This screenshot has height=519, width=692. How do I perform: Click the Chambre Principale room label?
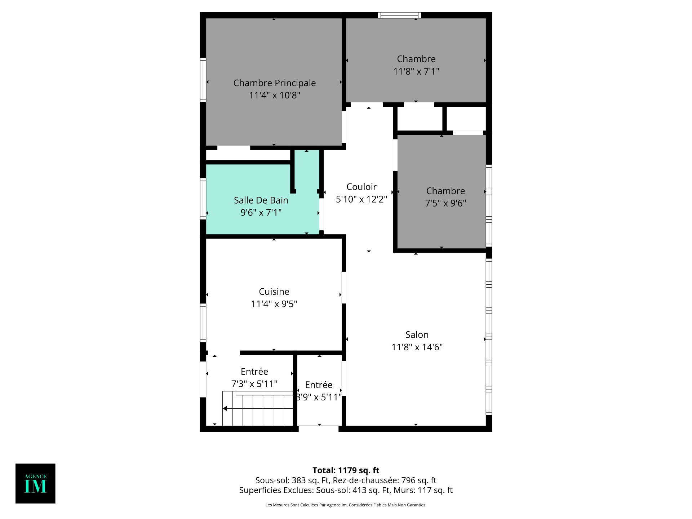tap(275, 83)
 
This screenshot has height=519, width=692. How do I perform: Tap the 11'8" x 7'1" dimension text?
tap(416, 71)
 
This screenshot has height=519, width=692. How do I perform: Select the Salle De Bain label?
tap(261, 200)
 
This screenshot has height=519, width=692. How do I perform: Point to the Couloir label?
tap(361, 187)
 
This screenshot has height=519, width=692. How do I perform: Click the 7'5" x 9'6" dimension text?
tap(445, 203)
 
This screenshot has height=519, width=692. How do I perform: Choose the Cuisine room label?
tap(274, 292)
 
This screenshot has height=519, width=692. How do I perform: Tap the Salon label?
tap(417, 335)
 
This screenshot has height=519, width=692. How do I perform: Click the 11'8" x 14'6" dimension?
tap(417, 347)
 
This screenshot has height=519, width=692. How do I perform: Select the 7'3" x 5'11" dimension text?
tap(254, 384)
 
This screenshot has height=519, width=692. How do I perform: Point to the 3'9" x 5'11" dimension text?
tap(319, 397)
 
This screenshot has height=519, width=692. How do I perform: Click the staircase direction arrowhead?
tap(225, 408)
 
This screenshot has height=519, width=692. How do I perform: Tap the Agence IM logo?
tap(35, 483)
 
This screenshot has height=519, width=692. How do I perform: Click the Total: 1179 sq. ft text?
tap(346, 470)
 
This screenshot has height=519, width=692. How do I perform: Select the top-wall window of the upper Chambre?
tap(399, 15)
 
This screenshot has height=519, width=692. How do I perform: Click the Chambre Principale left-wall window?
tap(203, 80)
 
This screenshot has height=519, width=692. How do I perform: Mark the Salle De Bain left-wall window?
tap(203, 199)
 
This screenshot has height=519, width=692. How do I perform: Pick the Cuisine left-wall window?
tap(203, 323)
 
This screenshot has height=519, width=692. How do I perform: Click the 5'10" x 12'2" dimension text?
tap(361, 199)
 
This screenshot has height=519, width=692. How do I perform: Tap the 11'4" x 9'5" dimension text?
tap(274, 304)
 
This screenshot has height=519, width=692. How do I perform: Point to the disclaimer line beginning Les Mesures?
tap(346, 505)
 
